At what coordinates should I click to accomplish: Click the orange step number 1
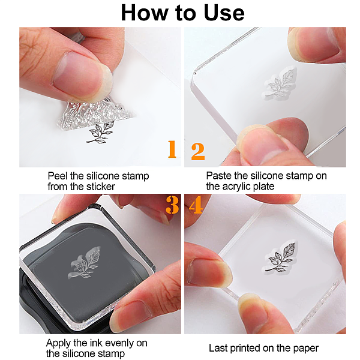click(x=172, y=149)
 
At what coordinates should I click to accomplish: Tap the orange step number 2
click(x=198, y=151)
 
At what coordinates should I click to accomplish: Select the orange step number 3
click(x=172, y=205)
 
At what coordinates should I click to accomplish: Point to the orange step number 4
click(x=196, y=205)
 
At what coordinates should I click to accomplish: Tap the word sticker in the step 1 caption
click(x=101, y=187)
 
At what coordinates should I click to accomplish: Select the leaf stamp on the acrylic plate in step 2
click(x=280, y=83)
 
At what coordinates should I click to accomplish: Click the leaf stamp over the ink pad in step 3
click(x=84, y=263)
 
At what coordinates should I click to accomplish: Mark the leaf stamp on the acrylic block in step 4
click(x=280, y=257)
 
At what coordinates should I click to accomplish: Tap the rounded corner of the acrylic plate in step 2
click(x=194, y=73)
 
